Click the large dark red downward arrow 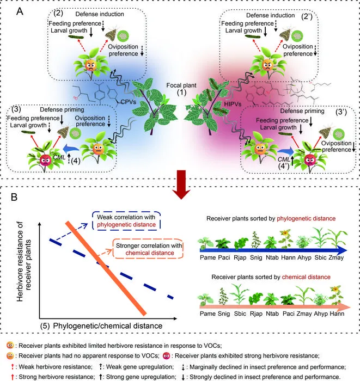tap(181, 185)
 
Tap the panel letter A tap(20, 11)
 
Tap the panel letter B tap(14, 197)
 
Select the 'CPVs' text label tap(129, 102)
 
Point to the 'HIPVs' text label tap(233, 104)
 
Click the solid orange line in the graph tap(106, 268)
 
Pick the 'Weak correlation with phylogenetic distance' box tap(126, 220)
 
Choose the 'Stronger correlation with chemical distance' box tap(148, 249)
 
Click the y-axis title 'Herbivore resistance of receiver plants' tap(24, 262)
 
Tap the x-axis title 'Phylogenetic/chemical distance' tap(108, 325)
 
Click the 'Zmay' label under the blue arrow tap(336, 257)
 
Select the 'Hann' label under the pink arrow tap(337, 314)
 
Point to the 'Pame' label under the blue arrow tap(208, 257)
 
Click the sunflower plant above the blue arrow tap(286, 239)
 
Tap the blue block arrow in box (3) tap(71, 148)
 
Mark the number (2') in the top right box tap(307, 16)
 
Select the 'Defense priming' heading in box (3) tap(62, 109)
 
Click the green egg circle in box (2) tap(123, 36)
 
